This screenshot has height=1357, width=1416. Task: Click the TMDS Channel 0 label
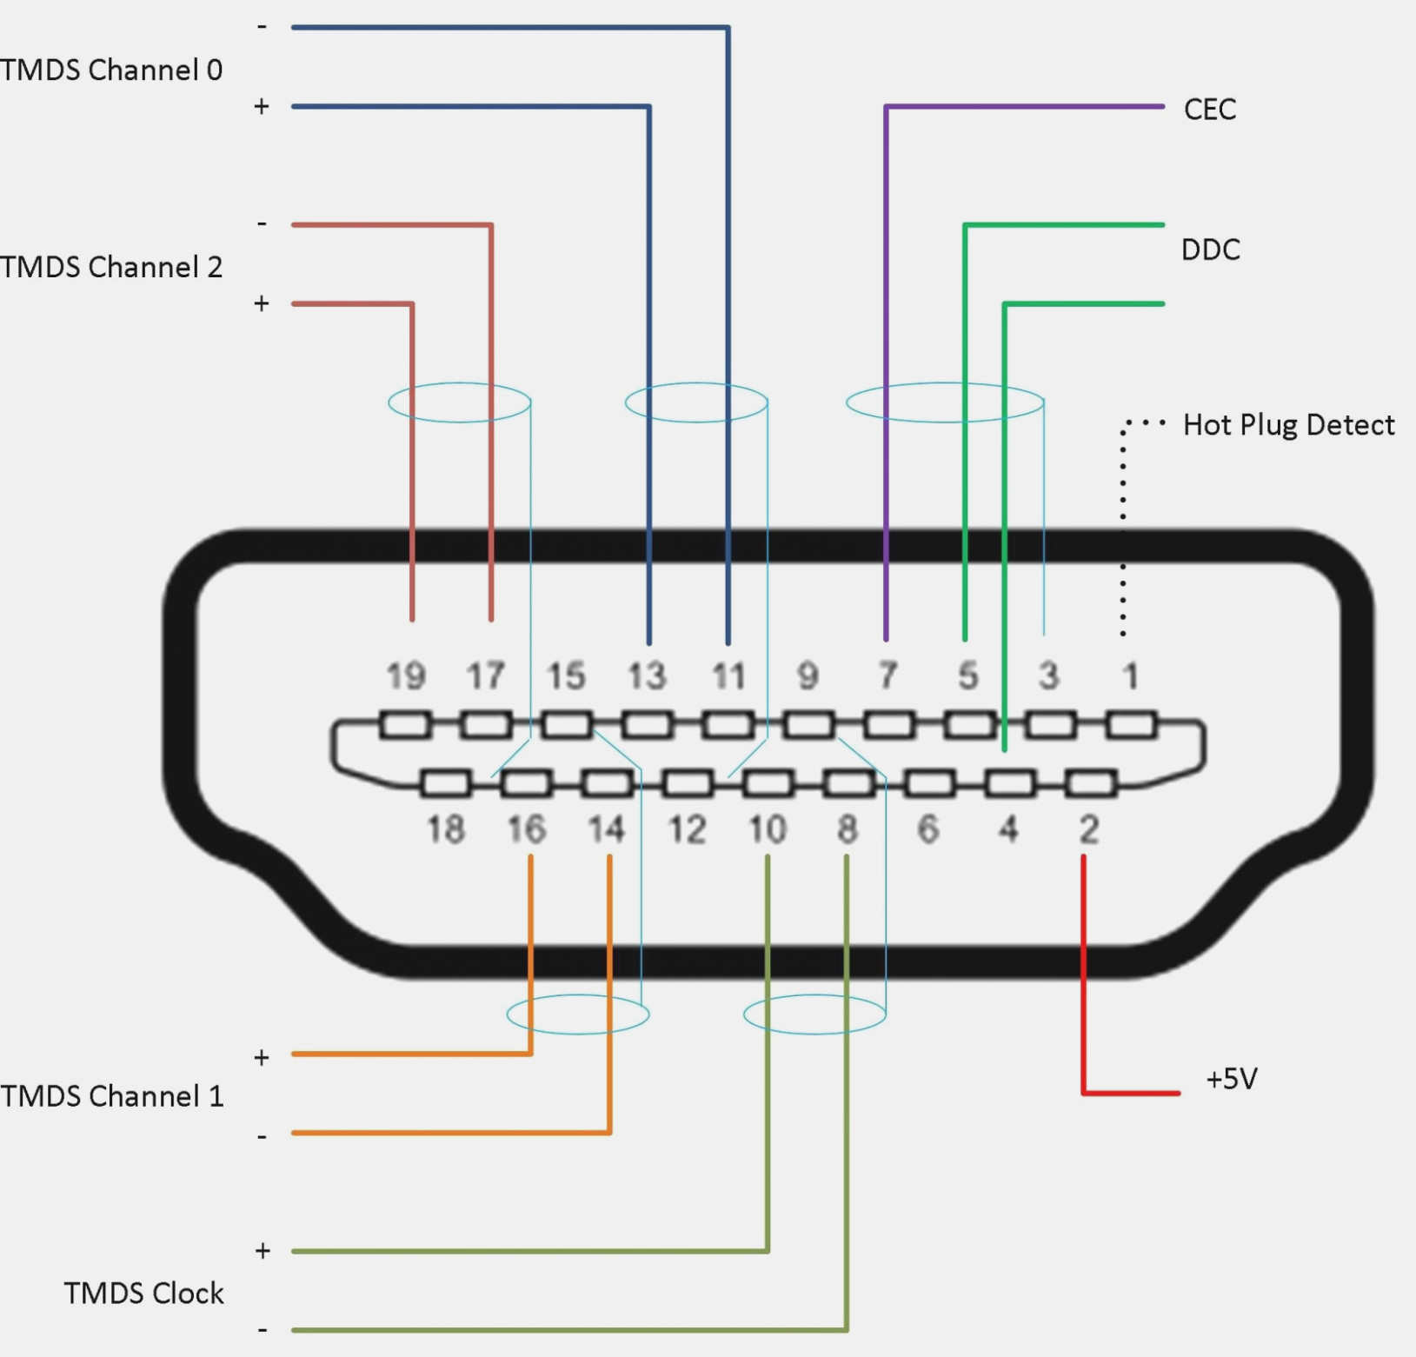[x=111, y=70]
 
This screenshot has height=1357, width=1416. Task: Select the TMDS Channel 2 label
[x=111, y=267]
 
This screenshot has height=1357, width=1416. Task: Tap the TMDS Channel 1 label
[x=111, y=1096]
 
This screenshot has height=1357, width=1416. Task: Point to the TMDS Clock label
[x=143, y=1294]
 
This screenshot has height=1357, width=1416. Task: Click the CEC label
[x=1209, y=110]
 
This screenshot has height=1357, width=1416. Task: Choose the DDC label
[x=1210, y=250]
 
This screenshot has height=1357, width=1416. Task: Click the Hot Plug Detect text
[x=1288, y=425]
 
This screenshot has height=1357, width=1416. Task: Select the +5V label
[x=1232, y=1080]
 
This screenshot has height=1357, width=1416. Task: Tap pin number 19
[x=406, y=676]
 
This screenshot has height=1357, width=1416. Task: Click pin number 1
[x=1130, y=676]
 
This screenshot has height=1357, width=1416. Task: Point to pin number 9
[x=808, y=676]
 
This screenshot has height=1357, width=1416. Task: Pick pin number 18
[x=446, y=829]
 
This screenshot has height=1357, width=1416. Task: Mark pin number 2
[x=1089, y=829]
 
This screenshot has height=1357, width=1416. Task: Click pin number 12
[x=687, y=829]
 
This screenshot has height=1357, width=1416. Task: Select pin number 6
[x=928, y=829]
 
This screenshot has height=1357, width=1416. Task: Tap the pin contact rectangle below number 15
[x=567, y=725]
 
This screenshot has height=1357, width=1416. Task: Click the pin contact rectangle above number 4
[x=1010, y=784]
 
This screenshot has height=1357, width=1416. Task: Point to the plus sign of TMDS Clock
[x=263, y=1251]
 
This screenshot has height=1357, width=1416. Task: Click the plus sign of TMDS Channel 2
[x=262, y=303]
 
